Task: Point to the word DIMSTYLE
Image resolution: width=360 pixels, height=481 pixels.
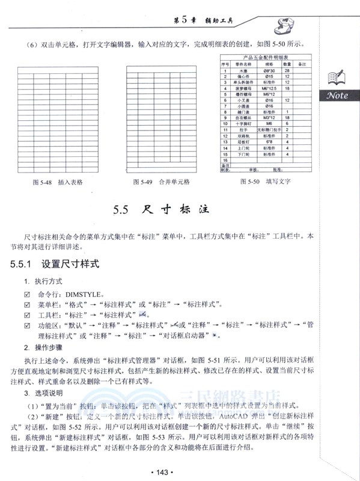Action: tap(84, 295)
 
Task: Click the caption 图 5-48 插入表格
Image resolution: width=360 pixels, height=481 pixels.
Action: tap(57, 181)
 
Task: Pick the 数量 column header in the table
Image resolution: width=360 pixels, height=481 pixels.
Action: tap(287, 64)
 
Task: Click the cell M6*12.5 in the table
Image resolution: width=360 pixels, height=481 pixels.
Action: tap(268, 88)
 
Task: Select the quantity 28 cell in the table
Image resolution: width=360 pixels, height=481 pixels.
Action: tap(287, 70)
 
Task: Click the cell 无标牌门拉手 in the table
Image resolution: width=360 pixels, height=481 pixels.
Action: tap(268, 129)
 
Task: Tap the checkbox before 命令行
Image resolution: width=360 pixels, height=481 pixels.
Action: tap(26, 295)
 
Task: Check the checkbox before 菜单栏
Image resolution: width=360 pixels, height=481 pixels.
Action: tap(26, 305)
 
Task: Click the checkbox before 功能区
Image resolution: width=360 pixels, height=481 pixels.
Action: tap(26, 325)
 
